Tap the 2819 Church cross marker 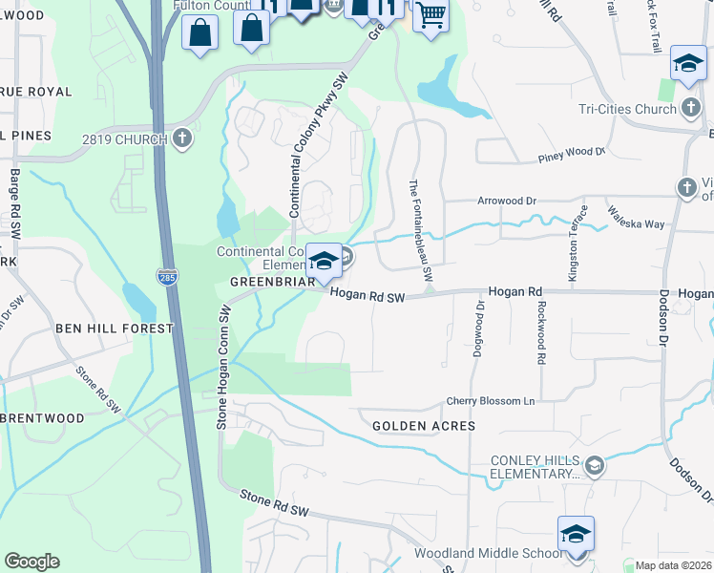click(x=183, y=139)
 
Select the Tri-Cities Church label click(x=627, y=109)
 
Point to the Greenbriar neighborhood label click(x=272, y=283)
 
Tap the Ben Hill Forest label click(x=115, y=329)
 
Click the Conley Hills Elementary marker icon click(x=595, y=465)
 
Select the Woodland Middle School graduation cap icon click(x=577, y=534)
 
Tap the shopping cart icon click(x=430, y=15)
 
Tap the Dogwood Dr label click(x=479, y=329)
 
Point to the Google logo click(x=31, y=562)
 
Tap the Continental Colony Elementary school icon click(x=324, y=261)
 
